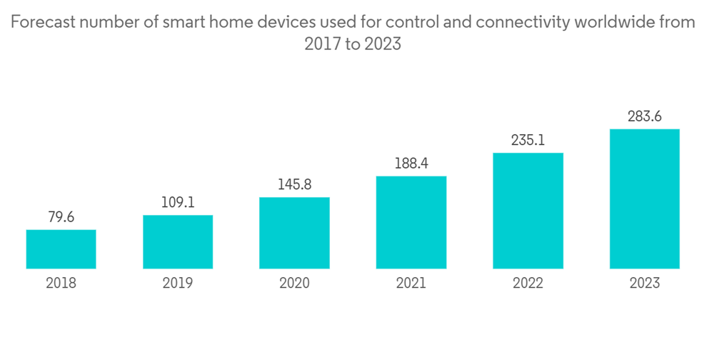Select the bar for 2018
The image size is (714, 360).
(x=61, y=249)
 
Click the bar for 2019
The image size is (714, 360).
(x=178, y=242)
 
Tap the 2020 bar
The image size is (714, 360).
(x=294, y=233)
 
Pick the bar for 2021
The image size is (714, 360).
(x=411, y=222)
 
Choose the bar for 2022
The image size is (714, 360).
(x=528, y=211)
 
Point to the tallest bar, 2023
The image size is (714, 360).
(x=644, y=199)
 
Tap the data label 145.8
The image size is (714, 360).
(x=294, y=185)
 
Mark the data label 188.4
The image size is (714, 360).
(x=411, y=164)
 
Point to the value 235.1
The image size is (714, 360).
(x=528, y=141)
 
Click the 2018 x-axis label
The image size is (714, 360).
(x=61, y=284)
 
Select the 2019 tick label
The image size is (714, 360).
(x=178, y=284)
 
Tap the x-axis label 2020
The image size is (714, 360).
(x=294, y=284)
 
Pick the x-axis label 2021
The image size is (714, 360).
(x=411, y=284)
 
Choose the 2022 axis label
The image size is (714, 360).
(x=528, y=284)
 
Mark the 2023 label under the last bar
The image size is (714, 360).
(x=644, y=284)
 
